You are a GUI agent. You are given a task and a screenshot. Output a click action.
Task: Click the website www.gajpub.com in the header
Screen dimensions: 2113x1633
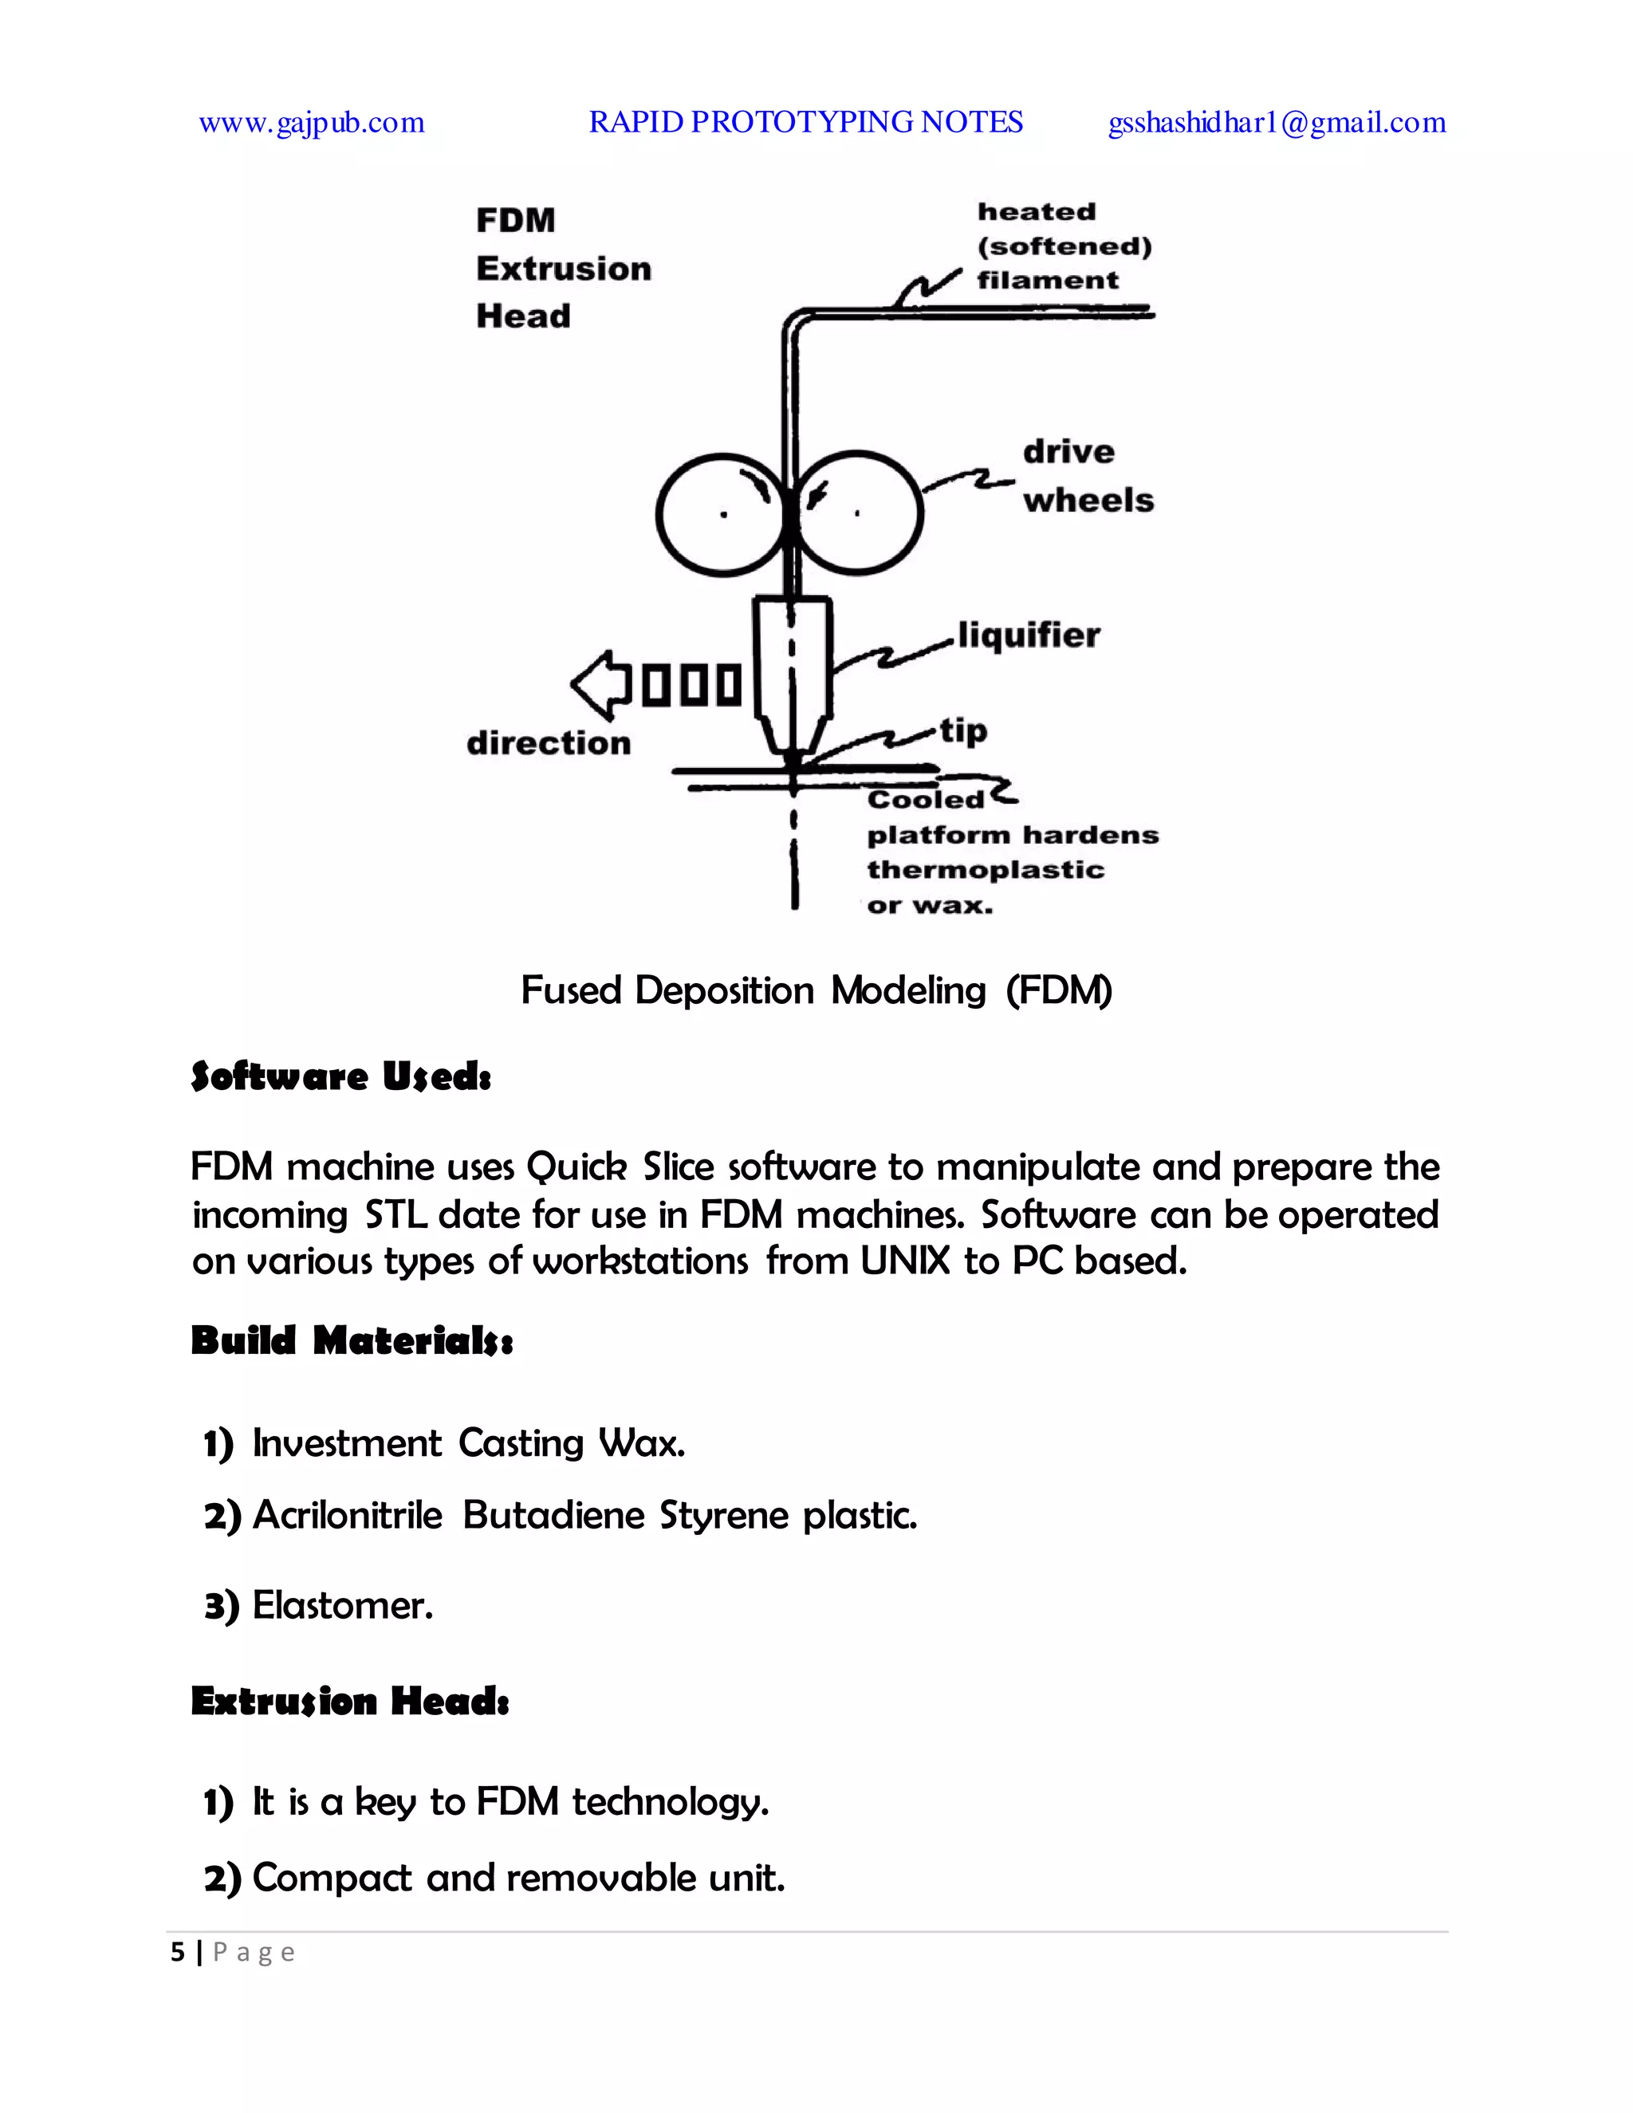pyautogui.click(x=312, y=123)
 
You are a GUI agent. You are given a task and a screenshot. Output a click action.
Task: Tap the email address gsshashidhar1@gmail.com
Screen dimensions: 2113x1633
pyautogui.click(x=1276, y=123)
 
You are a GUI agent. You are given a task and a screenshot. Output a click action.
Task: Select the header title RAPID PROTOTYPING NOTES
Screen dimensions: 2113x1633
pyautogui.click(x=806, y=122)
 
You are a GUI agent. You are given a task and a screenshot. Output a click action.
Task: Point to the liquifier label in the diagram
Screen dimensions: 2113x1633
pyautogui.click(x=1029, y=635)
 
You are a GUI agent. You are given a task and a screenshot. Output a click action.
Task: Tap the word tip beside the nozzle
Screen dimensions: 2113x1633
pyautogui.click(x=963, y=730)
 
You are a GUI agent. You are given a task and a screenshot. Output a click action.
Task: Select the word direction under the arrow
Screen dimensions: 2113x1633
pyautogui.click(x=549, y=743)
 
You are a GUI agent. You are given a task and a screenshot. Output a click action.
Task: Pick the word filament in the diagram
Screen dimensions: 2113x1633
pyautogui.click(x=1048, y=281)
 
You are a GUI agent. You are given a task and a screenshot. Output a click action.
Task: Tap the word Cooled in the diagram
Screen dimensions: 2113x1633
pyautogui.click(x=925, y=799)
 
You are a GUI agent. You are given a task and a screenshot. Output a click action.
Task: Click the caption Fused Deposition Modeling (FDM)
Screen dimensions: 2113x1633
pyautogui.click(x=816, y=990)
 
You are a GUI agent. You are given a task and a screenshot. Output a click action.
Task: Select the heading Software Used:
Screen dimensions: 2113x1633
pyautogui.click(x=340, y=1076)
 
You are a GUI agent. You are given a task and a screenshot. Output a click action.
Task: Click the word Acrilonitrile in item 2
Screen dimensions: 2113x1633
pyautogui.click(x=348, y=1515)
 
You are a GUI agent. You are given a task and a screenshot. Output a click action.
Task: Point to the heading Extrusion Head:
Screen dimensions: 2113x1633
pyautogui.click(x=350, y=1701)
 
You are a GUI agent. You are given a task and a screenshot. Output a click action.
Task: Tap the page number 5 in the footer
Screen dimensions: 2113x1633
pyautogui.click(x=177, y=1953)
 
